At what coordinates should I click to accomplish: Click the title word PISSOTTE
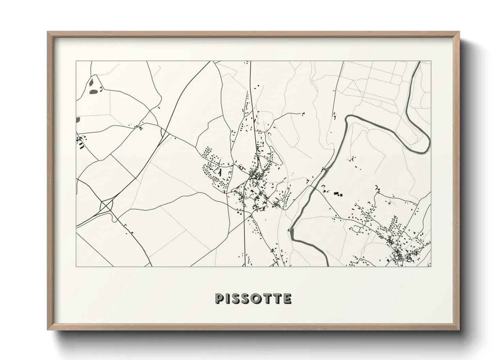pyautogui.click(x=253, y=298)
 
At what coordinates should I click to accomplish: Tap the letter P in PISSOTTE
pyautogui.click(x=219, y=298)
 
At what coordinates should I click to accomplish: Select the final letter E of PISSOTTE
pyautogui.click(x=288, y=298)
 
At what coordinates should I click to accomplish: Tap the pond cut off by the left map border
pyautogui.click(x=78, y=119)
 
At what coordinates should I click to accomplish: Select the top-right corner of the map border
pyautogui.click(x=431, y=61)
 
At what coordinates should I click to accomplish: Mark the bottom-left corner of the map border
pyautogui.click(x=76, y=266)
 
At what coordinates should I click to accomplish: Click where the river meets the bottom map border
pyautogui.click(x=327, y=266)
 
